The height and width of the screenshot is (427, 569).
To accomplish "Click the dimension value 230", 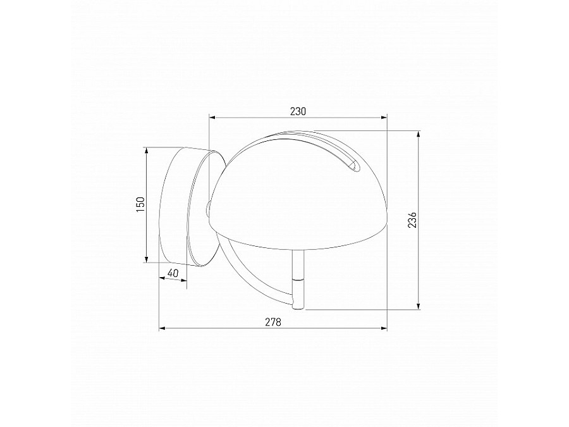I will point(298,111).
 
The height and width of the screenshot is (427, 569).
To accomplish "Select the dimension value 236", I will point(412,220).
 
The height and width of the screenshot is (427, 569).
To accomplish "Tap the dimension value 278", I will point(272,322).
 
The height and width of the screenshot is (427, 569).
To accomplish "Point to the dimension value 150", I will point(140,205).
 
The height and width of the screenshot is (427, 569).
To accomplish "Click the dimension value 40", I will point(173,273).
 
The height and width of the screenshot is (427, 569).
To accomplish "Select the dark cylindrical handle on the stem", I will point(297,292).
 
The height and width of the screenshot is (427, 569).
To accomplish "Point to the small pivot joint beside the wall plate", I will point(209,207).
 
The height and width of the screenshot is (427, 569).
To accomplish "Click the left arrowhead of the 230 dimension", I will point(213,117).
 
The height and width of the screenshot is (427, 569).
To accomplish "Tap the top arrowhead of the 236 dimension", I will point(418,134).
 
